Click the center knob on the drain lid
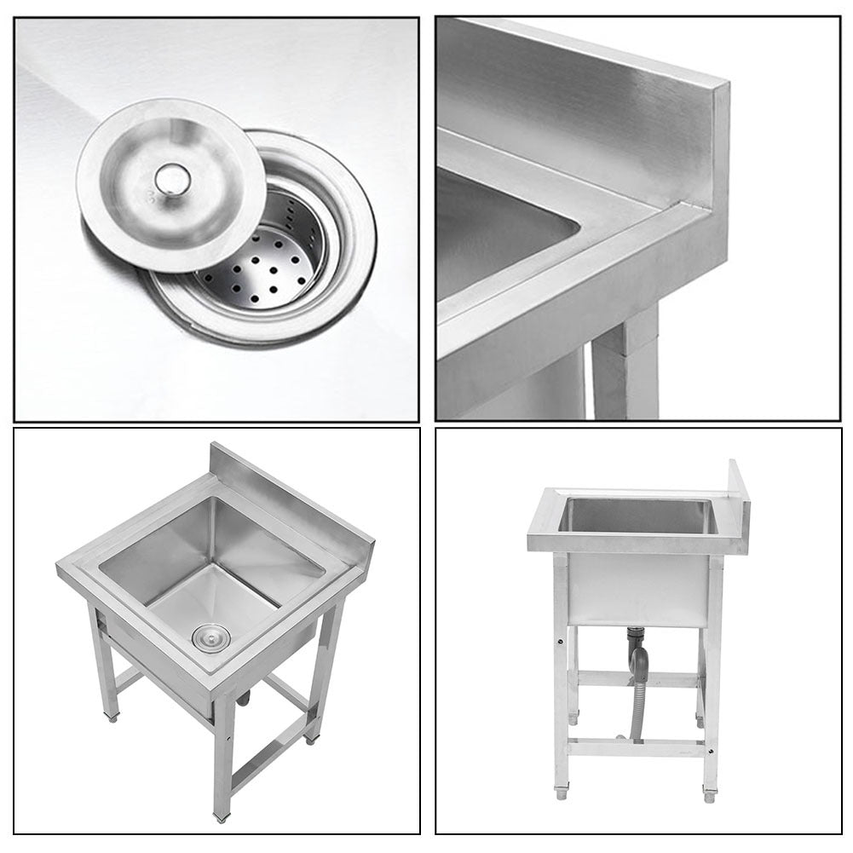point(171,179)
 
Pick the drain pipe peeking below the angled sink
point(245,699)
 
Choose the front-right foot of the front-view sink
point(709,795)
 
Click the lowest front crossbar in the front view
point(636,747)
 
